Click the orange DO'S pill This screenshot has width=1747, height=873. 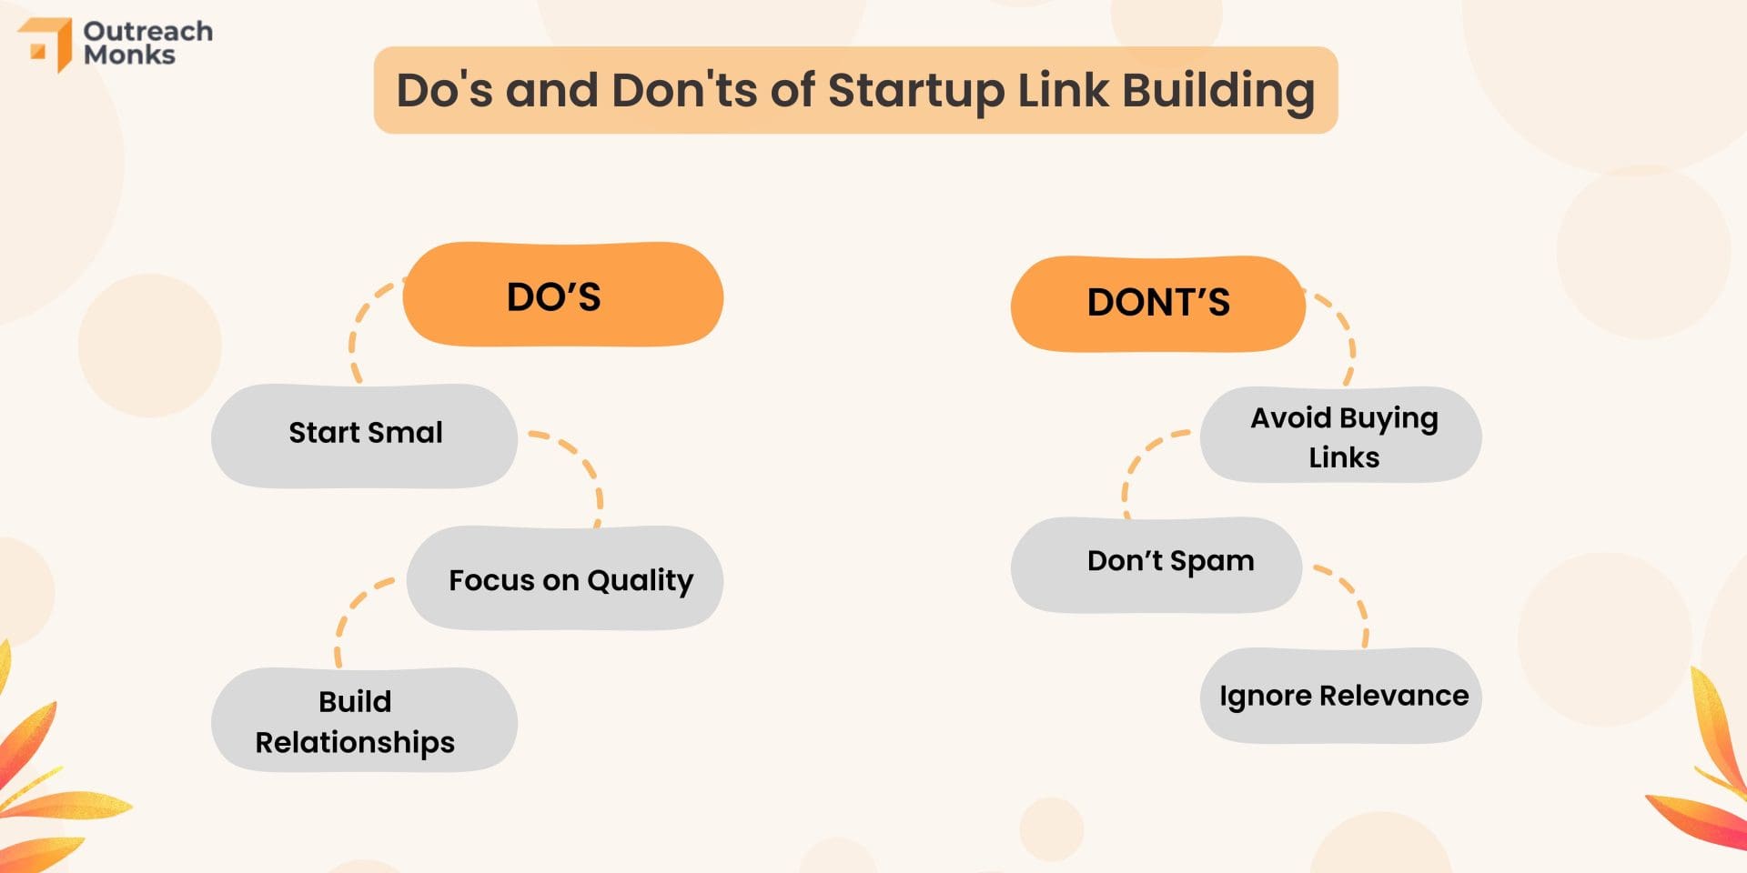click(562, 295)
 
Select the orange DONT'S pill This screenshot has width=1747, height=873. click(1157, 304)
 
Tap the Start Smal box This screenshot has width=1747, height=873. click(364, 435)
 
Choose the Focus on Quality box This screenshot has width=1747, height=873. click(564, 578)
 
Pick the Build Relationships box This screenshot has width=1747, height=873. click(364, 720)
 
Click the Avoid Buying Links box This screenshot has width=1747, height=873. click(1340, 436)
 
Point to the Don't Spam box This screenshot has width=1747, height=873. click(1156, 564)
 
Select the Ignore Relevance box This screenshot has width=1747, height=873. click(1340, 696)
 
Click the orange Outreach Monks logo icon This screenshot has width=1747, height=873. click(47, 43)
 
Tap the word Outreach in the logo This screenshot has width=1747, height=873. click(148, 31)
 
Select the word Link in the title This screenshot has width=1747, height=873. click(1063, 91)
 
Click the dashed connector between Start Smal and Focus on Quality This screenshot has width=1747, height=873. click(582, 464)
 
